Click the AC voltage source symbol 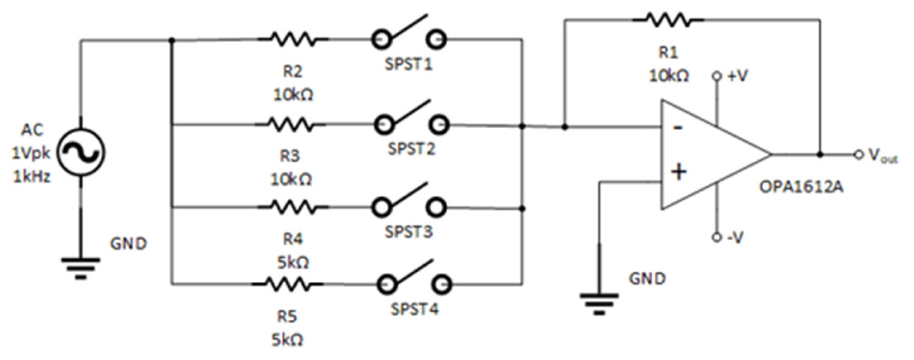(81, 152)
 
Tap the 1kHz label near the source (32, 177)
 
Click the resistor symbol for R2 (293, 39)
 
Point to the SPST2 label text (412, 148)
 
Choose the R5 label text (287, 317)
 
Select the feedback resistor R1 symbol (668, 19)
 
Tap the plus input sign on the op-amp (679, 172)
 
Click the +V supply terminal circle (717, 76)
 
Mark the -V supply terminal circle (717, 237)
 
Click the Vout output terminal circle (859, 155)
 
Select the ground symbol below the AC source (81, 267)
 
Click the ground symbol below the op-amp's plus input (599, 302)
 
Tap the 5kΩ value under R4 (293, 263)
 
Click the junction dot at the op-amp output (820, 155)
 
